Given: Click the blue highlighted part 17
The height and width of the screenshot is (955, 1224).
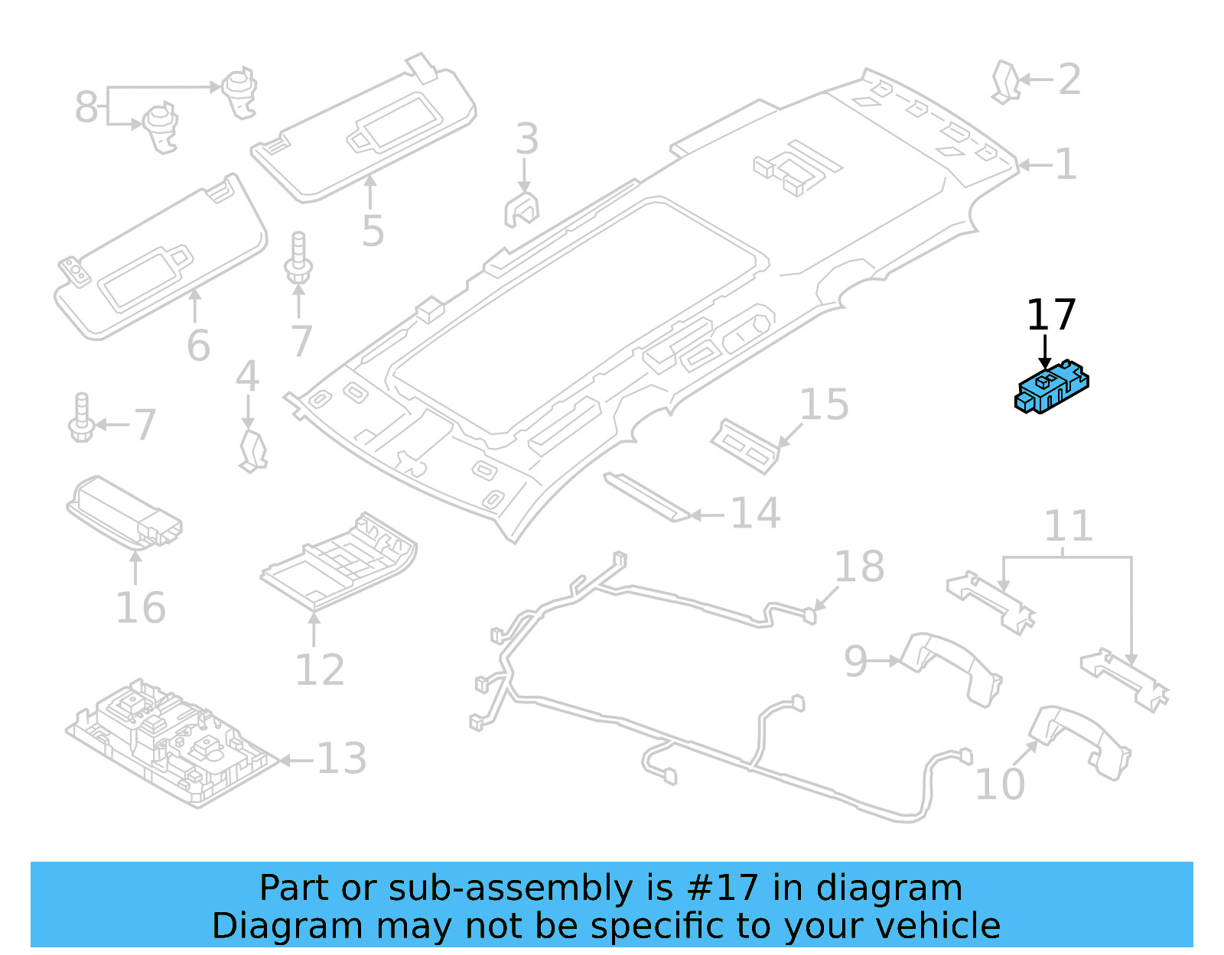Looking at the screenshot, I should (x=1051, y=388).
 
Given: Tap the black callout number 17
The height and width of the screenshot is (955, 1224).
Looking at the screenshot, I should (x=1050, y=315).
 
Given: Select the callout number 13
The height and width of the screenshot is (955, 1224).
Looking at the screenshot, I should (x=341, y=758).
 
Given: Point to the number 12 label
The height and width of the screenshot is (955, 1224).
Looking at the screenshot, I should (x=320, y=671).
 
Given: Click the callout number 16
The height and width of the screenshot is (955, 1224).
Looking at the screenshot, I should (x=140, y=608).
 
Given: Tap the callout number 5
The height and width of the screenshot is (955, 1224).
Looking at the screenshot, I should (x=373, y=231).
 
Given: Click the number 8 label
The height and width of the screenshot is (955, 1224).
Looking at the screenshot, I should (x=86, y=106).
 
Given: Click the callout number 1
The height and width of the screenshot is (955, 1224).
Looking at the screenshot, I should (x=1066, y=164).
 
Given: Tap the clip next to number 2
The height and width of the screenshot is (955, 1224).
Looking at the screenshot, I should (x=1005, y=82).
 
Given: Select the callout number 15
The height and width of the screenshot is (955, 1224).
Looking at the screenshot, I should (x=824, y=404).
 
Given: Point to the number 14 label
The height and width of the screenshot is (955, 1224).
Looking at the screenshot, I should (x=755, y=513).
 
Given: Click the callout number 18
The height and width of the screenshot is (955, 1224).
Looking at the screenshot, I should (x=859, y=567).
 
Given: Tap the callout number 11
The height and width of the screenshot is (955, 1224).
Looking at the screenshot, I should (x=1068, y=526).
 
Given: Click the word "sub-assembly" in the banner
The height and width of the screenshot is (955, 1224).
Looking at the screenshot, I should (x=510, y=888).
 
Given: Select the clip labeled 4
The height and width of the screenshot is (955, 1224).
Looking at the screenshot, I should (x=252, y=451).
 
